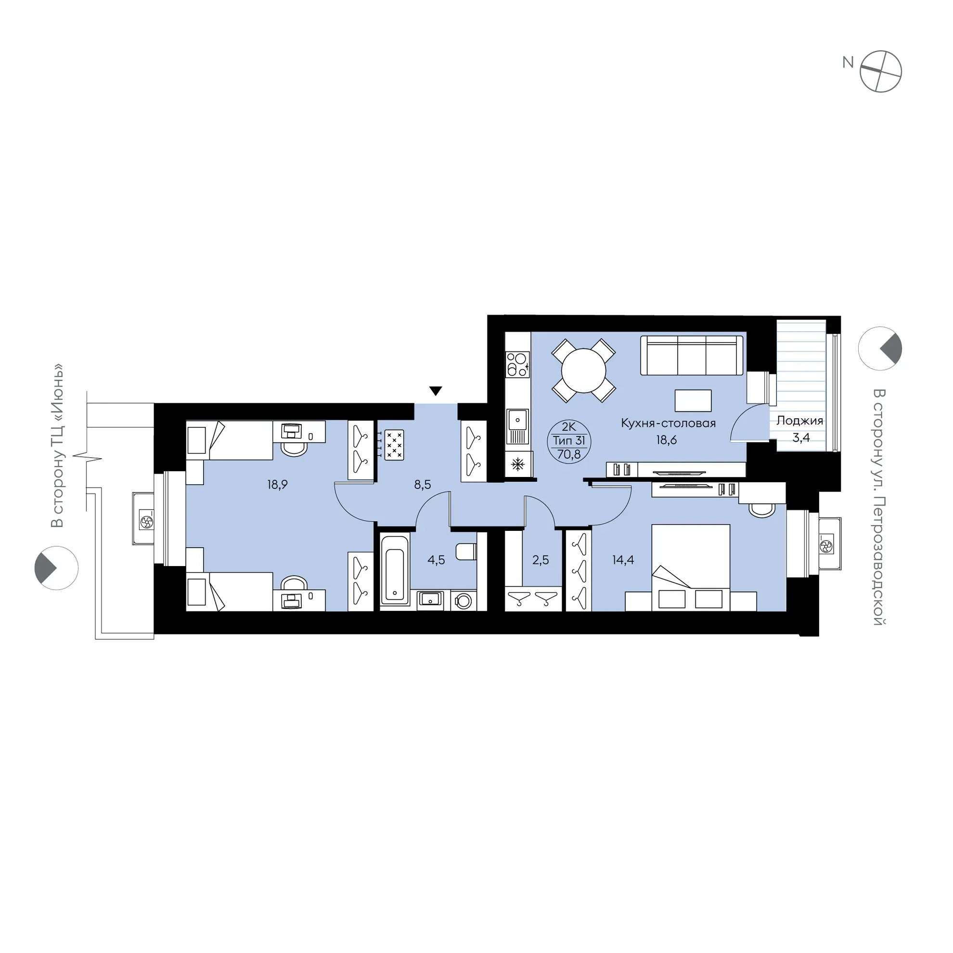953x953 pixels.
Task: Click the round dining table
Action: point(583,371)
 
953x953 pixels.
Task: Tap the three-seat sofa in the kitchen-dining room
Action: point(692,355)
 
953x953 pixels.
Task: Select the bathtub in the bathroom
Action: point(395,570)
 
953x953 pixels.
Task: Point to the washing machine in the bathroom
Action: point(464,600)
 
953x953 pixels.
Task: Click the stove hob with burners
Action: point(517,364)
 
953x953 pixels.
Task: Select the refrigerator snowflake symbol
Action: point(517,464)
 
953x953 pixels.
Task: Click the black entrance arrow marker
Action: point(435,391)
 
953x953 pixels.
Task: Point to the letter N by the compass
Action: point(848,62)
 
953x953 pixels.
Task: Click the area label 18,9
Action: point(277,485)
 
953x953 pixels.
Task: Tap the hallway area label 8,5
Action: point(422,485)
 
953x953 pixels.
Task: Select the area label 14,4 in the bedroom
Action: point(623,560)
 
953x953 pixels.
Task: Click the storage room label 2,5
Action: point(540,560)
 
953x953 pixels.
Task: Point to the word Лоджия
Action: point(799,421)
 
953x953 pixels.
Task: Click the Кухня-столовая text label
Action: point(668,423)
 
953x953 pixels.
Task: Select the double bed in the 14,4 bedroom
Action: point(691,568)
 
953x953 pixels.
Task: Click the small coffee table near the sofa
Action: point(693,400)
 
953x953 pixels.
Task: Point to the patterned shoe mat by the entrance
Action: point(394,444)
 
